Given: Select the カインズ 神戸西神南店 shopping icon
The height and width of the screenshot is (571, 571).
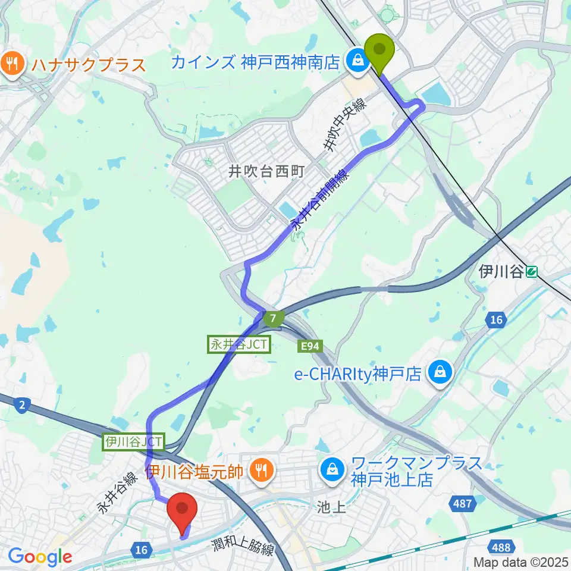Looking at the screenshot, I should point(358,60).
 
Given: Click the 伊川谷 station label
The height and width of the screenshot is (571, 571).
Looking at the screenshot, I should point(501,272).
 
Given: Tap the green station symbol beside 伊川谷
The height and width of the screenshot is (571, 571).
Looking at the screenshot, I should point(532,272).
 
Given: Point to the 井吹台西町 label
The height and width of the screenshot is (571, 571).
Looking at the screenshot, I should point(266,172).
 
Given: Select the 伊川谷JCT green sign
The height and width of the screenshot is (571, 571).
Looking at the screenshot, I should point(134,442).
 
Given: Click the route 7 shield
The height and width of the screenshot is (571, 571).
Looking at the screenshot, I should point(272,319).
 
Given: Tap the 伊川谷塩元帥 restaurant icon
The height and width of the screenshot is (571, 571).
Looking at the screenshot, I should point(260,472).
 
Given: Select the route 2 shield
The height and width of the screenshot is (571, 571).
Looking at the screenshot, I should point(21,405).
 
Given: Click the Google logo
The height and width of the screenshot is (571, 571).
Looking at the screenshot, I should point(40,557).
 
